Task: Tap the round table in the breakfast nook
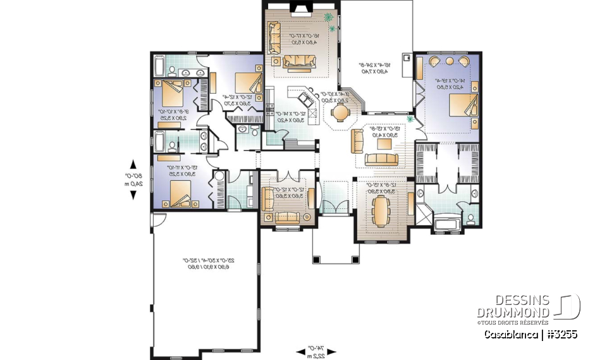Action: pyautogui.click(x=340, y=113)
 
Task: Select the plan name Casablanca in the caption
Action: pyautogui.click(x=511, y=334)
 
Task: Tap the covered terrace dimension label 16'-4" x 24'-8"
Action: pyautogui.click(x=376, y=68)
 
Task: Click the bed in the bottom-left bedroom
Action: pyautogui.click(x=178, y=193)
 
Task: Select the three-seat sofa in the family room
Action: pyautogui.click(x=300, y=61)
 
